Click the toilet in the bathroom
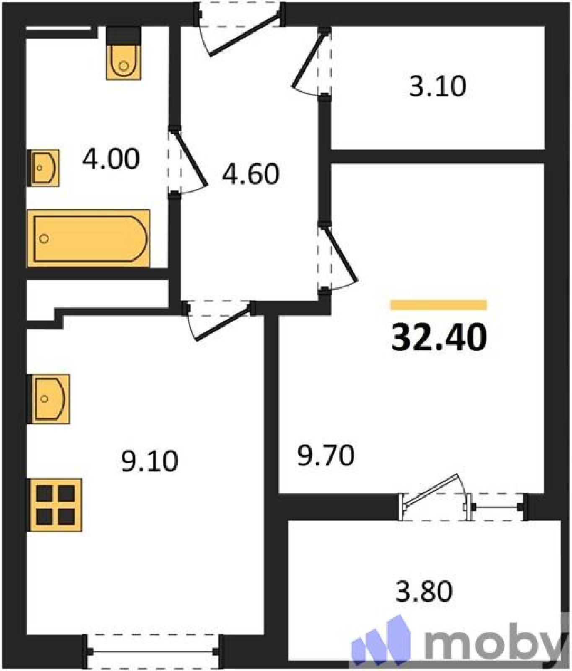click(123, 53)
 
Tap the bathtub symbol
click(88, 238)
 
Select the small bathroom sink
click(44, 168)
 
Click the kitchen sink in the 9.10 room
click(48, 398)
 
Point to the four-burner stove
click(54, 505)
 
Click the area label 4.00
click(111, 159)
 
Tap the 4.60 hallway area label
click(251, 174)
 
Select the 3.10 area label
click(437, 86)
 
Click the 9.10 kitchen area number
click(150, 460)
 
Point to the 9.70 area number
click(326, 455)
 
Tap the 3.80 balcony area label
click(424, 591)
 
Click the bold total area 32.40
click(439, 338)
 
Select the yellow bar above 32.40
click(438, 305)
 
